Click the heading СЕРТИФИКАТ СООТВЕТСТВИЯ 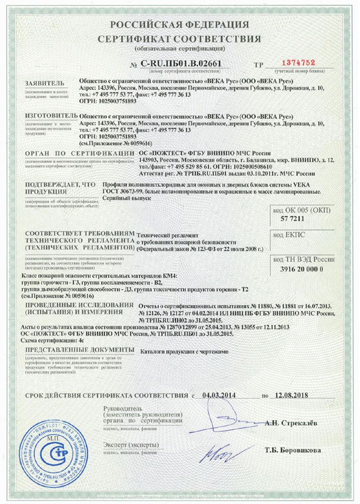(x=180, y=39)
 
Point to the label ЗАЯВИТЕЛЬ (x=44, y=82)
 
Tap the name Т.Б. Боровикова (x=294, y=450)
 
